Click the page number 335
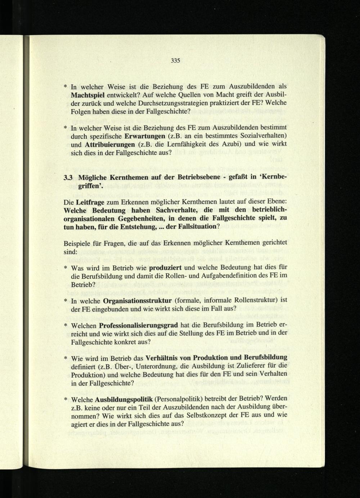click(x=175, y=61)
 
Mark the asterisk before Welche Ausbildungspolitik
click(x=66, y=400)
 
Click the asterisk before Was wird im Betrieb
click(x=66, y=268)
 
